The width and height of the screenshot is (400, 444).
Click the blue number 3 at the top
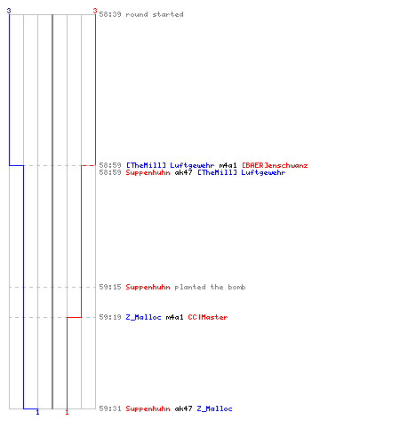click(x=9, y=11)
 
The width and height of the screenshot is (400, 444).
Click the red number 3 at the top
click(x=95, y=11)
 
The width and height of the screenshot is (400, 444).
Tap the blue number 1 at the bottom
click(x=37, y=412)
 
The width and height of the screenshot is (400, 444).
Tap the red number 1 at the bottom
click(x=67, y=412)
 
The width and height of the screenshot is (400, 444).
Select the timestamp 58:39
click(x=110, y=14)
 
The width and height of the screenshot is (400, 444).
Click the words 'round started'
click(x=155, y=14)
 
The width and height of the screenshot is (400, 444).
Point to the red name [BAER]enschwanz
click(x=275, y=165)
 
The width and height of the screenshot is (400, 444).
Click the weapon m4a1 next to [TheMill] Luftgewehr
click(x=228, y=165)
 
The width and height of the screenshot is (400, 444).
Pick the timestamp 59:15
click(x=110, y=287)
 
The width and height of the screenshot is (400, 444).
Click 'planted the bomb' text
click(x=210, y=287)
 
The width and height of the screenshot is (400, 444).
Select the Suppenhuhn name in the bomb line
click(x=148, y=287)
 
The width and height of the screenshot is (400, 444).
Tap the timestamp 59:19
click(x=110, y=317)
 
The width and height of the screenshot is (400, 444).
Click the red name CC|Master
click(x=208, y=317)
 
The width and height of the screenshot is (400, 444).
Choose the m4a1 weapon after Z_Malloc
click(x=174, y=317)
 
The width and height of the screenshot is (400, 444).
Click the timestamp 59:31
click(x=110, y=408)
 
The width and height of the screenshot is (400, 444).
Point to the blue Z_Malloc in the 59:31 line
click(x=214, y=408)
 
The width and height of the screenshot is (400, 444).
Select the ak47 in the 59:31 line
click(x=183, y=408)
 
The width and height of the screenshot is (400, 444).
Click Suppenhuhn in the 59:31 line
click(x=148, y=408)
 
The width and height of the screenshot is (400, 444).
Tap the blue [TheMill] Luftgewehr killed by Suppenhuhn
click(x=242, y=172)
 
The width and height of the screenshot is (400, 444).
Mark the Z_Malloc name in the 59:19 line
click(x=143, y=317)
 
